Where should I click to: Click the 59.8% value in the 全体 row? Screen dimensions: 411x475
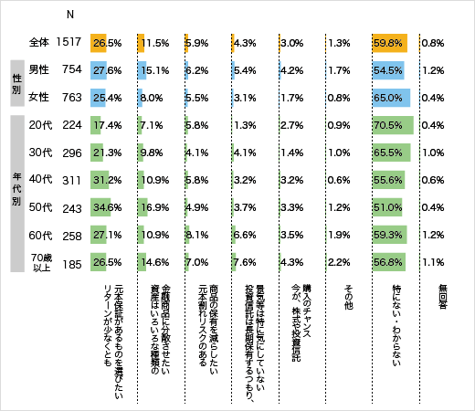pyautogui.click(x=388, y=42)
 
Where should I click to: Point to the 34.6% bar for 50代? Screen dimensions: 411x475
pyautogui.click(x=100, y=205)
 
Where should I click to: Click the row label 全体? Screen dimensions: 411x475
pyautogui.click(x=38, y=42)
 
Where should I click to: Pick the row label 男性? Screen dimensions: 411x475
pyautogui.click(x=38, y=69)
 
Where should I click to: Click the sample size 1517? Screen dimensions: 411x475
pyautogui.click(x=69, y=42)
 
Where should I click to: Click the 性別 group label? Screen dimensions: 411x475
pyautogui.click(x=16, y=82)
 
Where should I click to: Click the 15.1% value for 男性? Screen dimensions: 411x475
pyautogui.click(x=155, y=69)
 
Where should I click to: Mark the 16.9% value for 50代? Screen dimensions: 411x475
pyautogui.click(x=155, y=205)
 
